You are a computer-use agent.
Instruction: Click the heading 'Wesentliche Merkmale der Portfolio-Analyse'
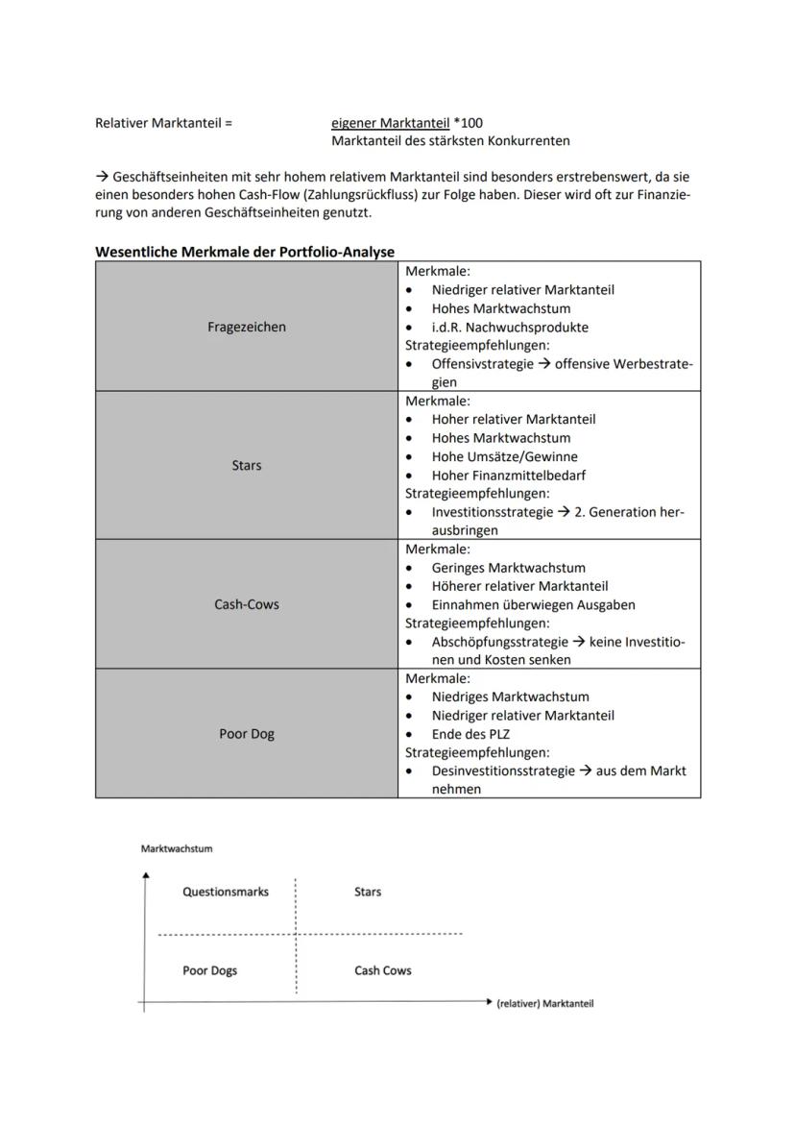point(245,252)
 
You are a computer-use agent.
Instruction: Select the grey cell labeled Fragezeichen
point(247,327)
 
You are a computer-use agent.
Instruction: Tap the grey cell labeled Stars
point(247,465)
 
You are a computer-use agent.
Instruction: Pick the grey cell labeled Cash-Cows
point(247,604)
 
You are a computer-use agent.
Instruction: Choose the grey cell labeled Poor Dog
point(247,734)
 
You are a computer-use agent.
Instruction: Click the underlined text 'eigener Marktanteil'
point(390,123)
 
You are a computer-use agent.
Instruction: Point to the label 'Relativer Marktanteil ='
point(164,123)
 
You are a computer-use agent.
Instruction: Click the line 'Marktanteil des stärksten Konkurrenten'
point(450,141)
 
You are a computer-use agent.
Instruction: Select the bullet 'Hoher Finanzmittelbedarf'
point(508,475)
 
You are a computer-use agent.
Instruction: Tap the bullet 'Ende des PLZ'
point(470,734)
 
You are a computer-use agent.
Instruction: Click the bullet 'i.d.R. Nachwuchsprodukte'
point(510,327)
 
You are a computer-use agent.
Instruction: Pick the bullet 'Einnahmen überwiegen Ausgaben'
point(533,604)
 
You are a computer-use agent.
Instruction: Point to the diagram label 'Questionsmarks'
point(226,892)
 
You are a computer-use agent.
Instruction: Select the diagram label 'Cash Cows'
point(382,970)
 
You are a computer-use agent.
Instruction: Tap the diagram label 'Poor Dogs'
point(209,970)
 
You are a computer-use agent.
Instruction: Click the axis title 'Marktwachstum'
point(177,848)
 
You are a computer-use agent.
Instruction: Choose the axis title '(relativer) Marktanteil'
point(544,1003)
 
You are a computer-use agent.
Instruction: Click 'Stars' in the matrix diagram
point(368,892)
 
